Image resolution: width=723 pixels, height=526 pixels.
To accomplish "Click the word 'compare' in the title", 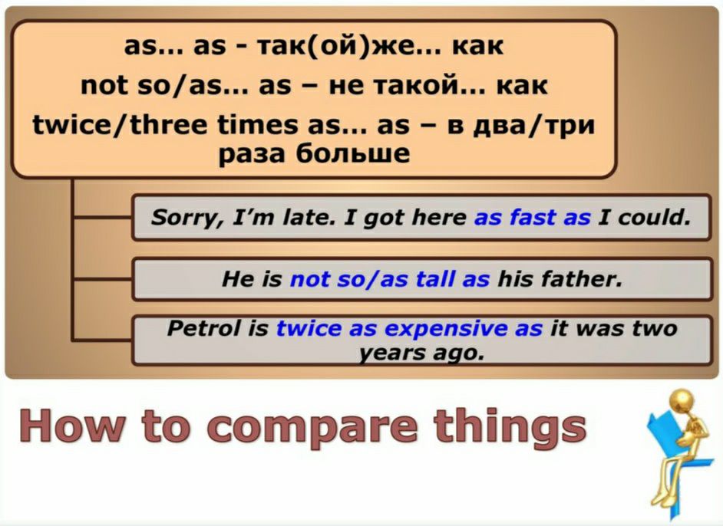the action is click(315, 426).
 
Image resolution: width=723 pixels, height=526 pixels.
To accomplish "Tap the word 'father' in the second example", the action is click(581, 278).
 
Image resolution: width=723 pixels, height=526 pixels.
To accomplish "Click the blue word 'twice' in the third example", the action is click(309, 328).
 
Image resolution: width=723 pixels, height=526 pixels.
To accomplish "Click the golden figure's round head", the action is click(682, 400).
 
